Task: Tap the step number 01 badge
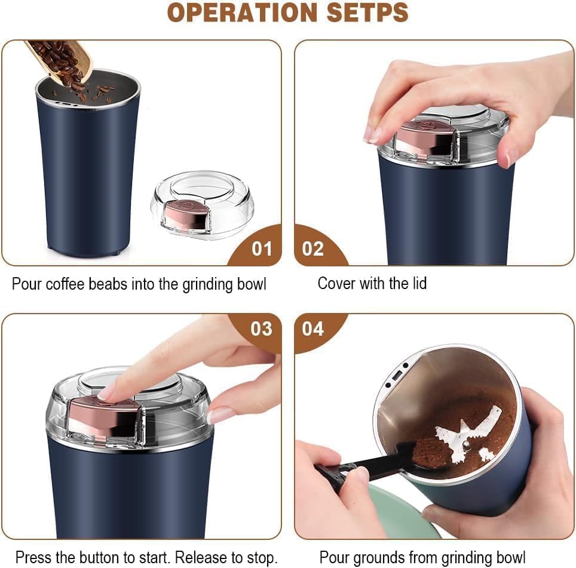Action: pos(261,248)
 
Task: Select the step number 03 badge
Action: pos(261,328)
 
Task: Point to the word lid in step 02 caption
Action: pos(416,283)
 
